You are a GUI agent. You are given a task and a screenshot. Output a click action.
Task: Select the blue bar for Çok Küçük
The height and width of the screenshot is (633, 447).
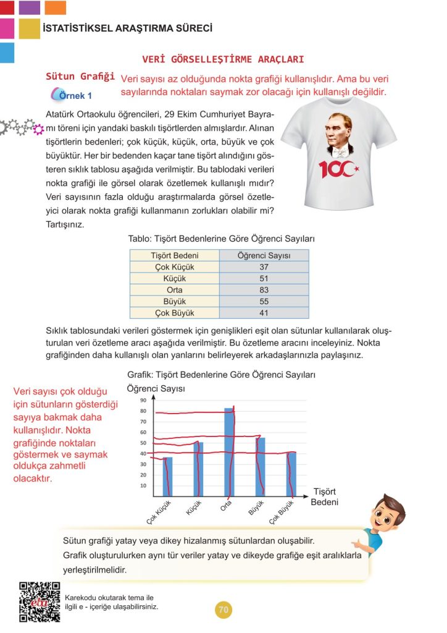tap(167, 476)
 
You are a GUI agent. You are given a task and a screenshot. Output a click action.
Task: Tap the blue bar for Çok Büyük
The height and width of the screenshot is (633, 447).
tap(291, 474)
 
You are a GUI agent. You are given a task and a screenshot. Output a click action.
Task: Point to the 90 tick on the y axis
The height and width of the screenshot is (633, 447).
tap(143, 401)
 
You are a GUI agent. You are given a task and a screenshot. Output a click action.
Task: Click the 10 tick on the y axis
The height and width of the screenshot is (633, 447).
tap(143, 486)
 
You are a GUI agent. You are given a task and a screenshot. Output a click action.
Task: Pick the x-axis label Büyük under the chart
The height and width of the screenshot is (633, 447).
tap(256, 508)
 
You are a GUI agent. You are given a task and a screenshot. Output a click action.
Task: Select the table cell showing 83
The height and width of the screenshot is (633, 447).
tap(264, 289)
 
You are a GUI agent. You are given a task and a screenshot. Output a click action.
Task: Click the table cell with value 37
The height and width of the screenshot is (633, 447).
tap(264, 267)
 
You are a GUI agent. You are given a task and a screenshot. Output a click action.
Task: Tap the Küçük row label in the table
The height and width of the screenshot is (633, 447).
tap(174, 278)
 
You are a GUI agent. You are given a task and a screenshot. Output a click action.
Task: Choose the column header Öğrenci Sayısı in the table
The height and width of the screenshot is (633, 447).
tap(264, 255)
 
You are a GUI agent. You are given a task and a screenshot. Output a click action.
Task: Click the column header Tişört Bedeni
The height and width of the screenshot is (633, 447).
tap(174, 255)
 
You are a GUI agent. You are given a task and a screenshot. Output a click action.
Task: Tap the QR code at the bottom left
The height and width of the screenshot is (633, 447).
tap(40, 603)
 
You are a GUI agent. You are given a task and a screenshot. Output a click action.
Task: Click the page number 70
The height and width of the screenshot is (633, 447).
tap(223, 610)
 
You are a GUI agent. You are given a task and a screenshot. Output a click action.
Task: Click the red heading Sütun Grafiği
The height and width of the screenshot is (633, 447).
tap(80, 77)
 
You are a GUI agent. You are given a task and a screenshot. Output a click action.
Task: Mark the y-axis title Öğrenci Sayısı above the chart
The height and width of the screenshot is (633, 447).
tap(156, 388)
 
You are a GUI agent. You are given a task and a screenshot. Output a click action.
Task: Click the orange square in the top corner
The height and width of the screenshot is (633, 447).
tap(56, 7)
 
